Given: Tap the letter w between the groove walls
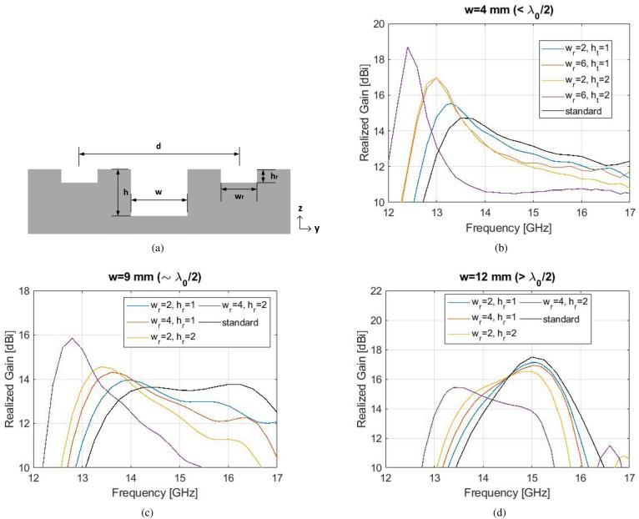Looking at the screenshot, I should pos(158,193).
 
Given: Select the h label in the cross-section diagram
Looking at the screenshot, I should pos(124,192).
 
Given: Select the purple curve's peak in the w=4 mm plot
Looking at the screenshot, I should pos(408,48).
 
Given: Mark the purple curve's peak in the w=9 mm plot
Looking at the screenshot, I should pos(73,338).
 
